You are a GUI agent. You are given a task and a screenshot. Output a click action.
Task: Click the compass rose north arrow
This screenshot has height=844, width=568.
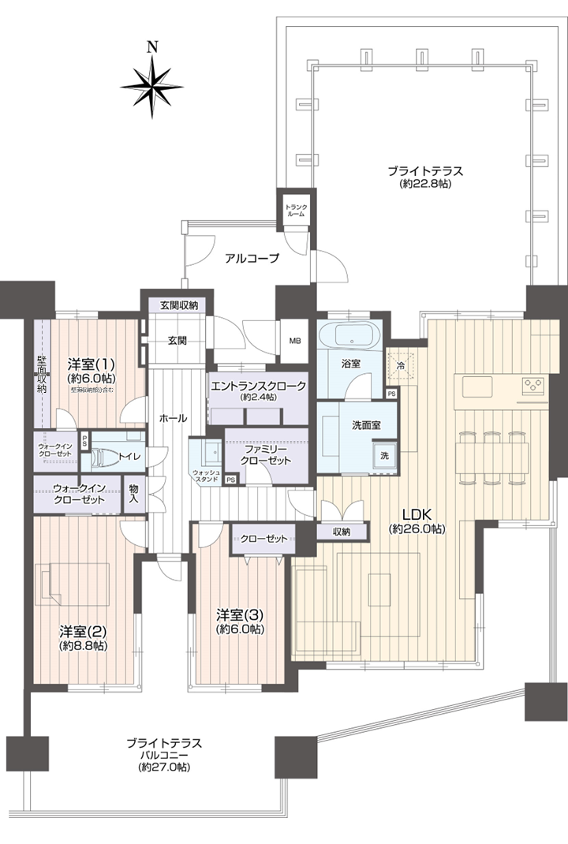pyautogui.click(x=152, y=84)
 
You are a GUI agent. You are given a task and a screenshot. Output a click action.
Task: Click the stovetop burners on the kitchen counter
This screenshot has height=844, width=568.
pyautogui.click(x=532, y=386)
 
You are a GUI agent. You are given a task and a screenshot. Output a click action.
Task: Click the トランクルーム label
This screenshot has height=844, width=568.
pyautogui.click(x=297, y=210)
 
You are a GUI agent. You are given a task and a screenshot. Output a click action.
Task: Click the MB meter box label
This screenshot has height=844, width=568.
pyautogui.click(x=295, y=341)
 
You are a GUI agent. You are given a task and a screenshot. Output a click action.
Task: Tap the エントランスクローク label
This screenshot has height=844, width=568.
pyautogui.click(x=257, y=386)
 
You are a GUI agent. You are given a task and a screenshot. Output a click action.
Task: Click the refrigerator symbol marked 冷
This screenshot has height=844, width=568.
pyautogui.click(x=401, y=365)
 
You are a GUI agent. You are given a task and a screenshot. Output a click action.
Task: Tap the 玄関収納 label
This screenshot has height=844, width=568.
pyautogui.click(x=179, y=305)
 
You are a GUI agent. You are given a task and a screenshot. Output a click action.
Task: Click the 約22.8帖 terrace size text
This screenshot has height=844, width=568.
pyautogui.click(x=424, y=184)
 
